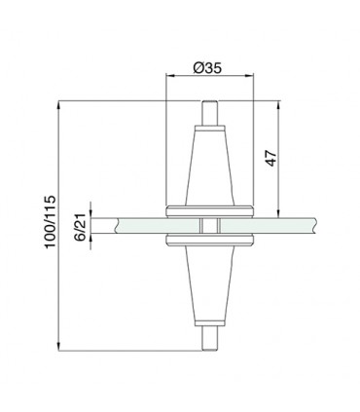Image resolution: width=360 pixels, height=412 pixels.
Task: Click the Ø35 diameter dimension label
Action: tap(210, 67)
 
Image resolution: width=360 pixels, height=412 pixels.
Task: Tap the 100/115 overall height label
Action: tap(49, 223)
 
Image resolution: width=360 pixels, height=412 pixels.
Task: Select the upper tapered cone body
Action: tap(208, 166)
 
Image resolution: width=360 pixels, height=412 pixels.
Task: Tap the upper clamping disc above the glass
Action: tap(208, 210)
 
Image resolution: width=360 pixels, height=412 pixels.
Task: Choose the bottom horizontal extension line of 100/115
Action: tap(126, 348)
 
